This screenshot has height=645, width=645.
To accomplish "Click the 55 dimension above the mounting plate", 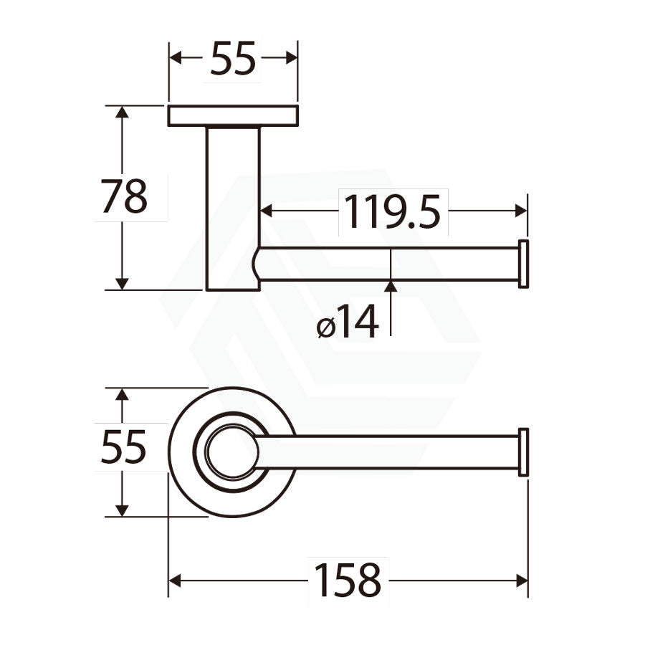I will point(233,59).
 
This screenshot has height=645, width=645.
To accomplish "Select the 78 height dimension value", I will point(124,197).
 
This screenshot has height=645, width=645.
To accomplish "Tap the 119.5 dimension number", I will point(393,212).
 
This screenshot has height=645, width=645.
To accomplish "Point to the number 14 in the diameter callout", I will point(357,322).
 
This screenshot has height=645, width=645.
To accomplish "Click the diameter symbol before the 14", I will point(326,328).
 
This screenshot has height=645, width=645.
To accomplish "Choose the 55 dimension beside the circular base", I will point(124,447).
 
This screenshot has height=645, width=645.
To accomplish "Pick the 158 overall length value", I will point(348,580).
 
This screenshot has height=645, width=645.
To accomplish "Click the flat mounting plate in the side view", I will point(233,116).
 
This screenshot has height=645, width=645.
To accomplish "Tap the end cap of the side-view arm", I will point(523,264).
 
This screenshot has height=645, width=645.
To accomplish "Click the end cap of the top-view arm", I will point(523,452).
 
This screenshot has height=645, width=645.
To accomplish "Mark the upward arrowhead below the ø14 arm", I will point(391,287).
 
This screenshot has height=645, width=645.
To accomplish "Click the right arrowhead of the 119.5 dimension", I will point(520,211).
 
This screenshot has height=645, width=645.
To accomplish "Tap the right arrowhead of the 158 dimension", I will point(521,580).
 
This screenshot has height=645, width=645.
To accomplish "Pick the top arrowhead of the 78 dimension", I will point(123,113).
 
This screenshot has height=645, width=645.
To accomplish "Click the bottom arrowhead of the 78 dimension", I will point(123,283).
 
